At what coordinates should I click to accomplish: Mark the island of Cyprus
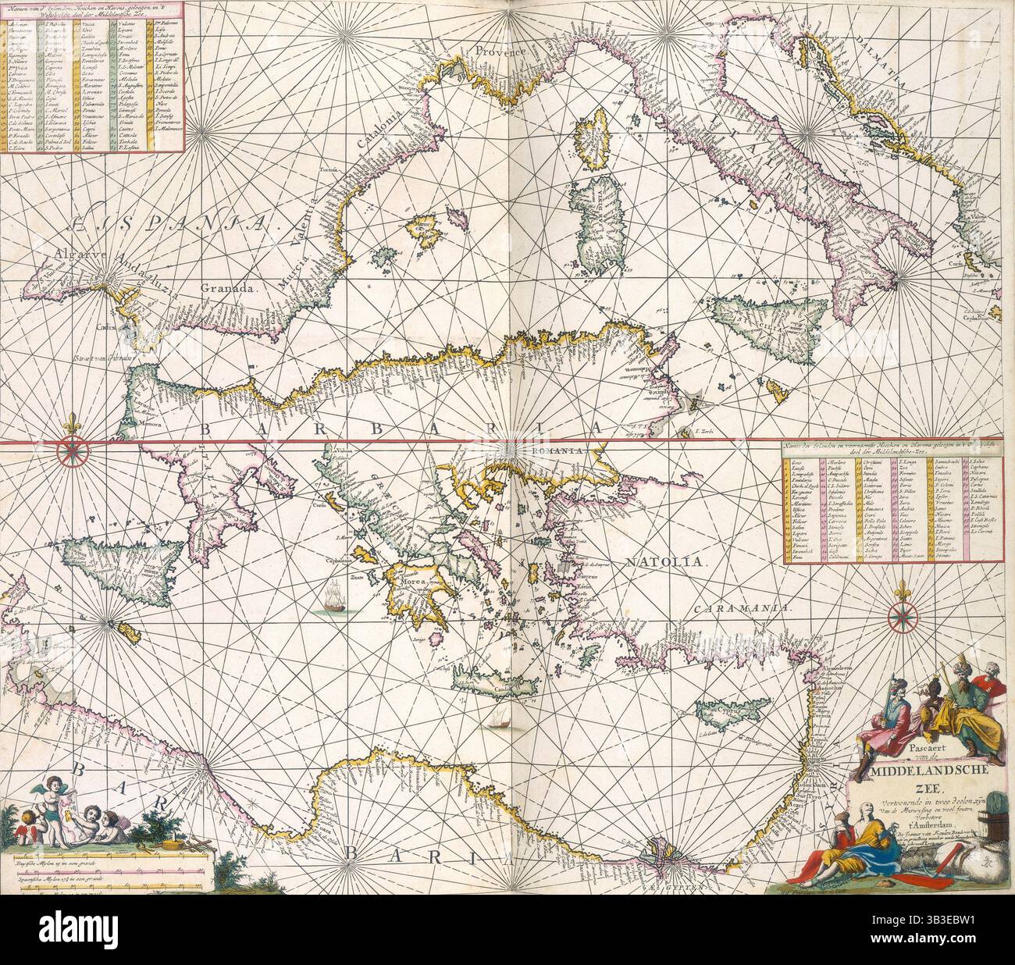720,711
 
